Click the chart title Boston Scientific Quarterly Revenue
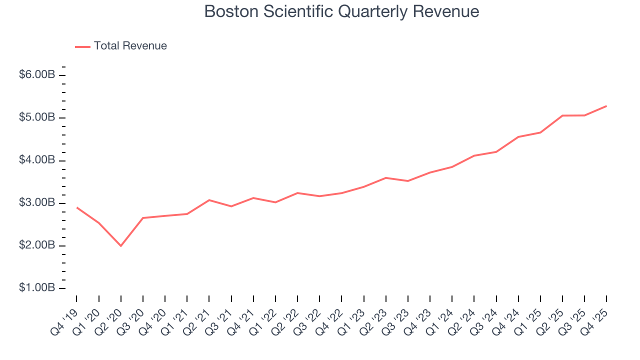[341, 11]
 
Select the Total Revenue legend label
[130, 46]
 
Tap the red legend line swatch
[82, 46]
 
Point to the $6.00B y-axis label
[37, 75]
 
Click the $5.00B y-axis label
[37, 117]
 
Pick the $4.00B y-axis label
[37, 160]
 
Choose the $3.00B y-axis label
[37, 203]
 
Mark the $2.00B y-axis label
[37, 246]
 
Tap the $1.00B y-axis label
[37, 288]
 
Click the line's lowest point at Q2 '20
[120, 245]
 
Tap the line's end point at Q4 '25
[606, 106]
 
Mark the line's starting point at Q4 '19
[76, 207]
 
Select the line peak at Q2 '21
[209, 200]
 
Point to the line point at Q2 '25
[562, 115]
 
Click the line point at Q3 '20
[143, 218]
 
